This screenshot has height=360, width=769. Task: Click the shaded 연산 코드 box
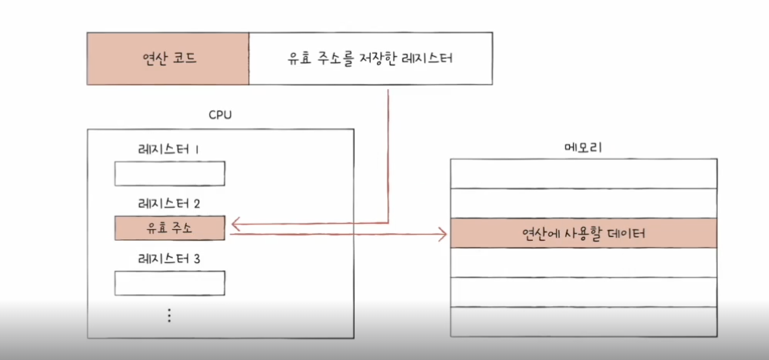pyautogui.click(x=168, y=58)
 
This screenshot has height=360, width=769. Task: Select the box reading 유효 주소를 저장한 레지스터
pyautogui.click(x=371, y=58)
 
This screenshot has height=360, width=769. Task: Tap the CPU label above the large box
pyautogui.click(x=221, y=115)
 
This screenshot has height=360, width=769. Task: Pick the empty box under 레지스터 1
pyautogui.click(x=169, y=174)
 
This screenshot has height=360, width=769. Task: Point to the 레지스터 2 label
pyautogui.click(x=169, y=204)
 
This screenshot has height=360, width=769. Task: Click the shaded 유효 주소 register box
pyautogui.click(x=169, y=228)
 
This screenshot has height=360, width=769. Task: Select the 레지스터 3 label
pyautogui.click(x=169, y=259)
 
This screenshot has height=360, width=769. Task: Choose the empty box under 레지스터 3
pyautogui.click(x=169, y=283)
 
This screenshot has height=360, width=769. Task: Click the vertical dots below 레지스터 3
pyautogui.click(x=169, y=315)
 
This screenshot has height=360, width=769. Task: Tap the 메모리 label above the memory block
pyautogui.click(x=583, y=146)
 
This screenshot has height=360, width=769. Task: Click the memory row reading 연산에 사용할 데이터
pyautogui.click(x=584, y=233)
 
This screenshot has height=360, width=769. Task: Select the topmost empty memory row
pyautogui.click(x=584, y=174)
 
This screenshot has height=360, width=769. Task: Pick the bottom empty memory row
pyautogui.click(x=584, y=321)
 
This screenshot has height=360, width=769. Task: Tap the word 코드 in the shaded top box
pyautogui.click(x=186, y=58)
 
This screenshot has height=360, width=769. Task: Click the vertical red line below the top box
pyautogui.click(x=388, y=154)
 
